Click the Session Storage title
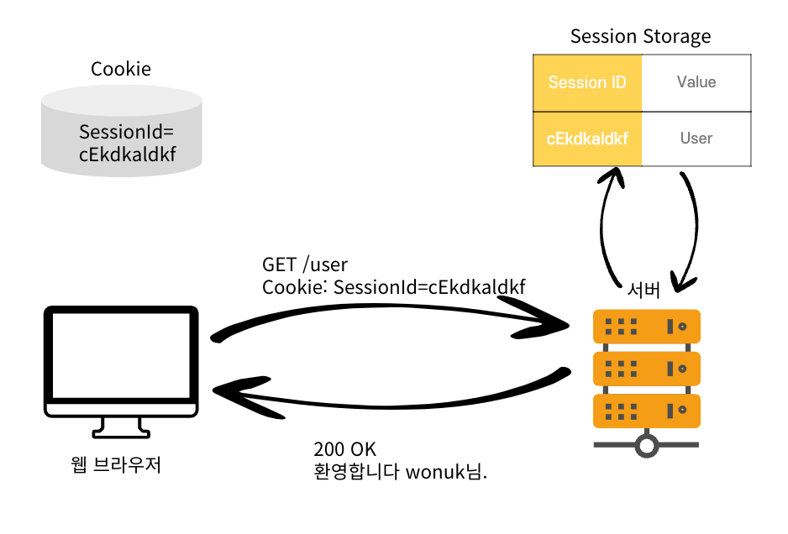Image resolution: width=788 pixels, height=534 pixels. pos(640,36)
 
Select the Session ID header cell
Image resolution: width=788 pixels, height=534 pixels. pos(587,82)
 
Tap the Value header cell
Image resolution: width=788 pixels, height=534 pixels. pos(696,82)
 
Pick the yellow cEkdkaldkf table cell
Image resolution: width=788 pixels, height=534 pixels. pos(587,139)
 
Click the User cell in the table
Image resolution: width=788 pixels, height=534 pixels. pos(696,139)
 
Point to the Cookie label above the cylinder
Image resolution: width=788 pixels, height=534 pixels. pos(121,69)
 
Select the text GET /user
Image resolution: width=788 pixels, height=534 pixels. pos(305,266)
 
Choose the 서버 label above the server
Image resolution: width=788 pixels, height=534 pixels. pos(644,291)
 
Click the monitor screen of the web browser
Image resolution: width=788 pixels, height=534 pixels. pos(121,357)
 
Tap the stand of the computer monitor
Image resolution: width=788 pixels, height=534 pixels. pos(121,427)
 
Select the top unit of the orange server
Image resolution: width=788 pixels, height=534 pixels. pos(646,326)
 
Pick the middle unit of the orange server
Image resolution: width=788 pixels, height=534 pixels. pos(646,368)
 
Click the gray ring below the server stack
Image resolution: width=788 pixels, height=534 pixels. pos(646,445)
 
